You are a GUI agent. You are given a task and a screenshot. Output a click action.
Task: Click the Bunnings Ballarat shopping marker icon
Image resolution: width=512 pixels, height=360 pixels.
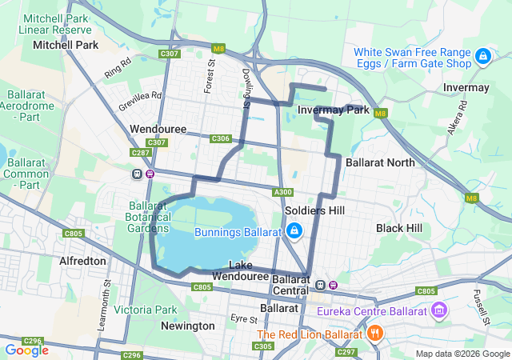(294, 231)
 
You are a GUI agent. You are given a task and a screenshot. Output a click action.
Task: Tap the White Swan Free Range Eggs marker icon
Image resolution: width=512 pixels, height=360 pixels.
(482, 56)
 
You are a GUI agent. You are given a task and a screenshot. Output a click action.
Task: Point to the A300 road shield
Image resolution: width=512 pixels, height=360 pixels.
(282, 192)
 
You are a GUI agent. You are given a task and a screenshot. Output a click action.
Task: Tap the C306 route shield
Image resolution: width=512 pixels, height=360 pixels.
(221, 138)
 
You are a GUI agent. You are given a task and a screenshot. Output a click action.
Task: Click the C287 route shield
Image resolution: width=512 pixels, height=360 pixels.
(141, 152)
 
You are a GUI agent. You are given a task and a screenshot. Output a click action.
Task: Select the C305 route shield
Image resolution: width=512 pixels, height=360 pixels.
(262, 346)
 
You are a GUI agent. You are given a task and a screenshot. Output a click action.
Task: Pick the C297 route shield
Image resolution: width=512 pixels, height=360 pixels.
(346, 352)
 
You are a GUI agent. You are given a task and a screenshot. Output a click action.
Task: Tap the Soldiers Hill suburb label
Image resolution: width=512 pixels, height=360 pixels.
(314, 210)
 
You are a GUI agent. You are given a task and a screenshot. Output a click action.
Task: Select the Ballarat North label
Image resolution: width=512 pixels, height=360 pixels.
(380, 162)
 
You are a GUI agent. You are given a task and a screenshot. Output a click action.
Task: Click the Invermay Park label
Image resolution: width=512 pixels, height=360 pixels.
(333, 110)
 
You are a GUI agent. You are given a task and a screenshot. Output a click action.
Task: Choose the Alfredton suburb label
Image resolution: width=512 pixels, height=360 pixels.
(82, 261)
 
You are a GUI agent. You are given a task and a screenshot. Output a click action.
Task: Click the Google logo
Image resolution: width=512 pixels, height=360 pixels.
(26, 350)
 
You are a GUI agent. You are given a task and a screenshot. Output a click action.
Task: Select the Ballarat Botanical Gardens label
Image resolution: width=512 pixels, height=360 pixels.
(148, 216)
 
